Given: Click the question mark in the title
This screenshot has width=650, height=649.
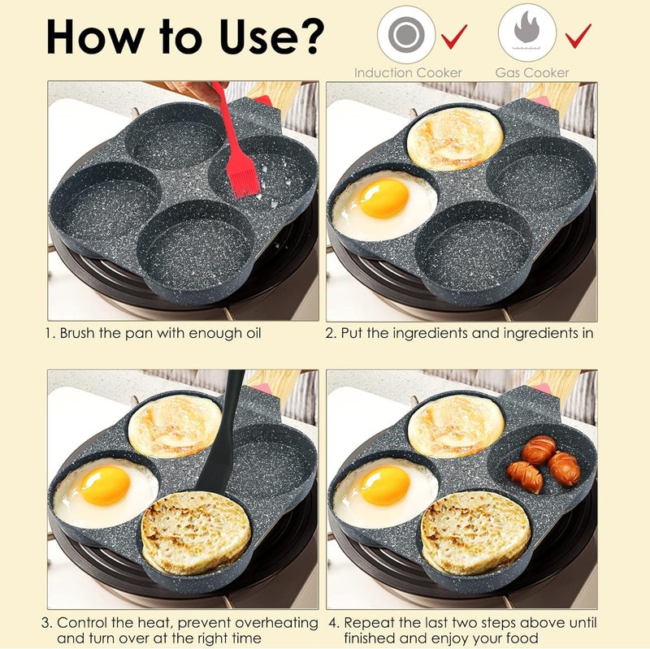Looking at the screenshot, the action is (309, 37).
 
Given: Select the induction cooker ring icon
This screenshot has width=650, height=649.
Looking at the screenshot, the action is (406, 34).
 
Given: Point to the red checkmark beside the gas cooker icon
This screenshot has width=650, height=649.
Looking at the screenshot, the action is (578, 36).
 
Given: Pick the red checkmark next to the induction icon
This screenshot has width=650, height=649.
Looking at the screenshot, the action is (454, 36).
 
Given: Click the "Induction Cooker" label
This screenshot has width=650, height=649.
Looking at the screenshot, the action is (408, 73).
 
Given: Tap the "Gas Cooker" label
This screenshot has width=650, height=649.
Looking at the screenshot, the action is (532, 73).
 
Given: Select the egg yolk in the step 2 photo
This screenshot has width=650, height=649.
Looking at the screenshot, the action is (383, 198).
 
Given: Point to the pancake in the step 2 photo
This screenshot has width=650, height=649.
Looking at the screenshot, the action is (455, 138).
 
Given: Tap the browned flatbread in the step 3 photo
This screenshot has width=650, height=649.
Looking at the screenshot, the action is (196, 533).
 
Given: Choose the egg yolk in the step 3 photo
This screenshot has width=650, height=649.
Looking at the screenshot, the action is (105, 486).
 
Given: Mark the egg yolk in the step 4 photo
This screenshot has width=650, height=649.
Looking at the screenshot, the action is (384, 486).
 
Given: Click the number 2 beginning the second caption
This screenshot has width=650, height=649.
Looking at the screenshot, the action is (330, 333).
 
